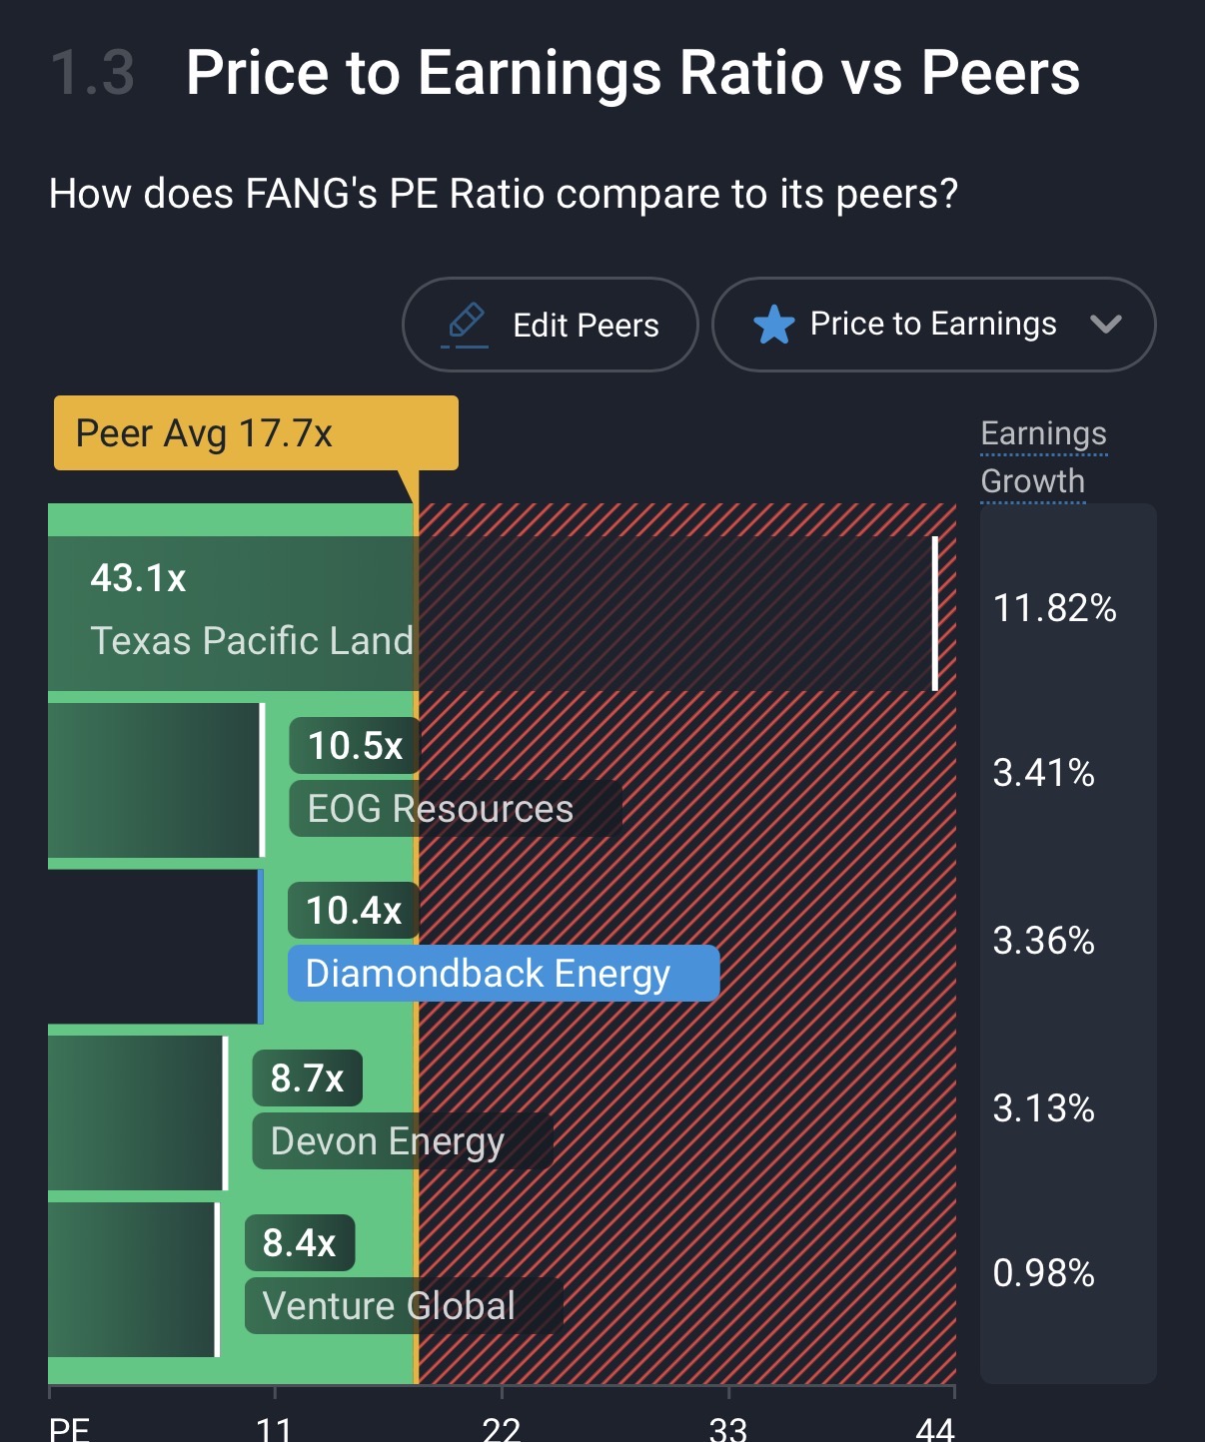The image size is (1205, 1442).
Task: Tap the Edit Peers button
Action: [550, 325]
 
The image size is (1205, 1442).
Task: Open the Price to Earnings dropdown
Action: [933, 325]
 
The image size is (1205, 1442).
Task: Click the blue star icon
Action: [773, 325]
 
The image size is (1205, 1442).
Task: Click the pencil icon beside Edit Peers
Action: [465, 324]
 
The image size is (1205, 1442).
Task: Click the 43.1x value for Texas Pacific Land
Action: [138, 578]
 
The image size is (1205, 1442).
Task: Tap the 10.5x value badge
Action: [355, 746]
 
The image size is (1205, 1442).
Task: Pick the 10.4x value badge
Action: [354, 911]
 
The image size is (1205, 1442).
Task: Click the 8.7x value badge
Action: [307, 1079]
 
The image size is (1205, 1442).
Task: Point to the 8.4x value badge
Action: [300, 1243]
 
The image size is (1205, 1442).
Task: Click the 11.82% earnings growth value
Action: [1054, 607]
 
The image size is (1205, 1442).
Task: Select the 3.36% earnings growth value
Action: [1043, 941]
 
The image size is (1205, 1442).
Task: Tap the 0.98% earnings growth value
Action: [1043, 1273]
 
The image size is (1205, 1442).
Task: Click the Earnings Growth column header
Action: [1043, 457]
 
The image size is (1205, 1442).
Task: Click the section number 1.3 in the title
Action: [92, 73]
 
